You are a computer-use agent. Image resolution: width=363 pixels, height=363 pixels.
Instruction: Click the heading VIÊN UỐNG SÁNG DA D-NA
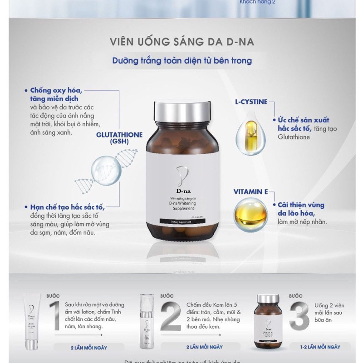(181, 42)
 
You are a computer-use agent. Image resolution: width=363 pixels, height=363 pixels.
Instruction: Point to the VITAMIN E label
(250, 192)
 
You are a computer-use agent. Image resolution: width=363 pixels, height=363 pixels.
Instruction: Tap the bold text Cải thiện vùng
(298, 205)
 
